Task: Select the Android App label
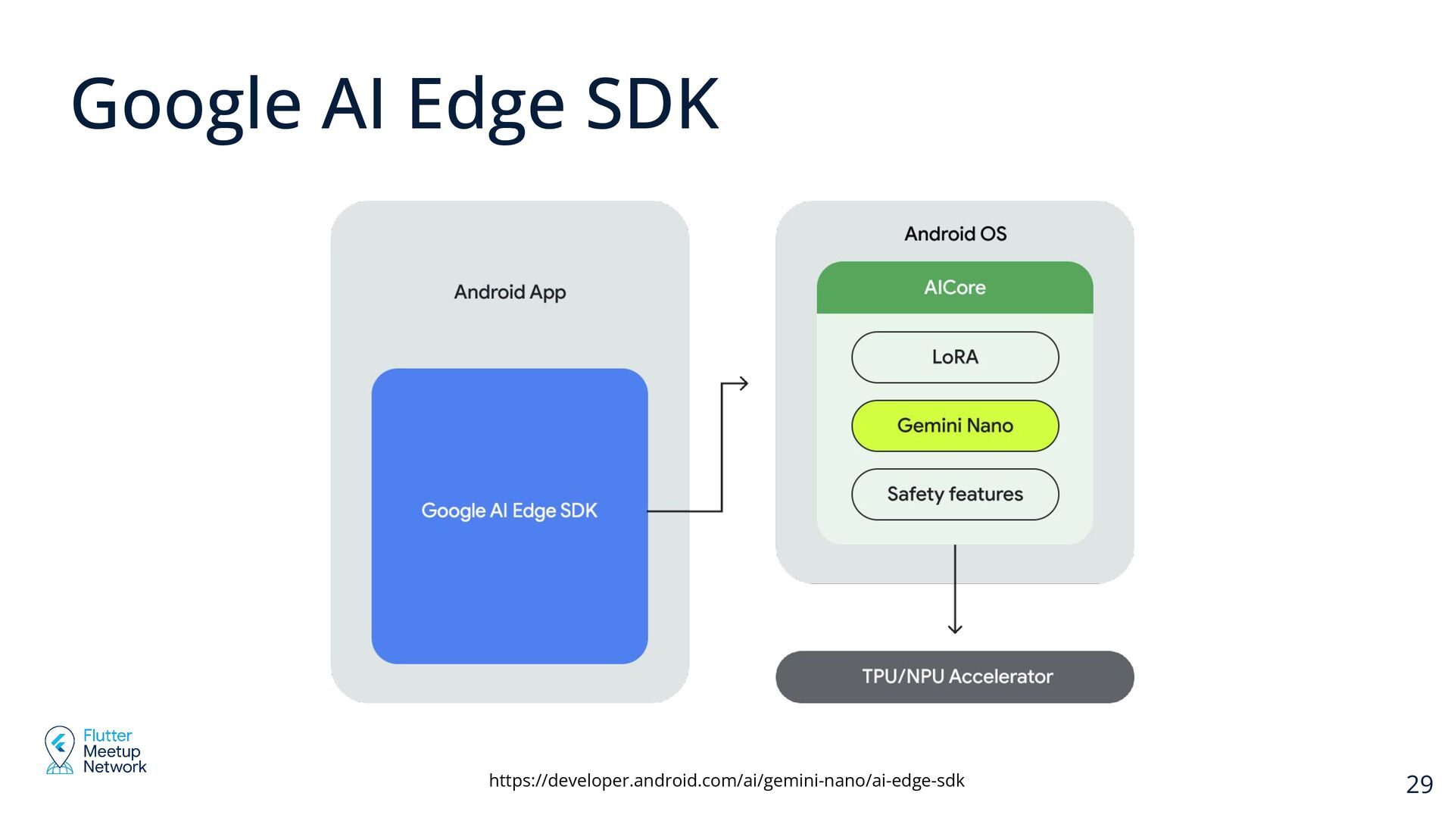pyautogui.click(x=510, y=292)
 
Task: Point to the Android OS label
pyautogui.click(x=955, y=234)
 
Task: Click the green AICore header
pyautogui.click(x=954, y=288)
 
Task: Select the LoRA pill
pyautogui.click(x=955, y=357)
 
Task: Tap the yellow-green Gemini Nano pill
pyautogui.click(x=955, y=426)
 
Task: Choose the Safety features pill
pyautogui.click(x=955, y=495)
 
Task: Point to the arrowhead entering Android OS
pyautogui.click(x=744, y=383)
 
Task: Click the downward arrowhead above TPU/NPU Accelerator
pyautogui.click(x=955, y=628)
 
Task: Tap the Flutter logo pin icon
pyautogui.click(x=59, y=748)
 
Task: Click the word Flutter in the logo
pyautogui.click(x=108, y=735)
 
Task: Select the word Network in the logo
pyautogui.click(x=114, y=766)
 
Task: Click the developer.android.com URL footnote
pyautogui.click(x=726, y=780)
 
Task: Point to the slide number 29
pyautogui.click(x=1419, y=785)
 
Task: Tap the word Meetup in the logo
pyautogui.click(x=112, y=751)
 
